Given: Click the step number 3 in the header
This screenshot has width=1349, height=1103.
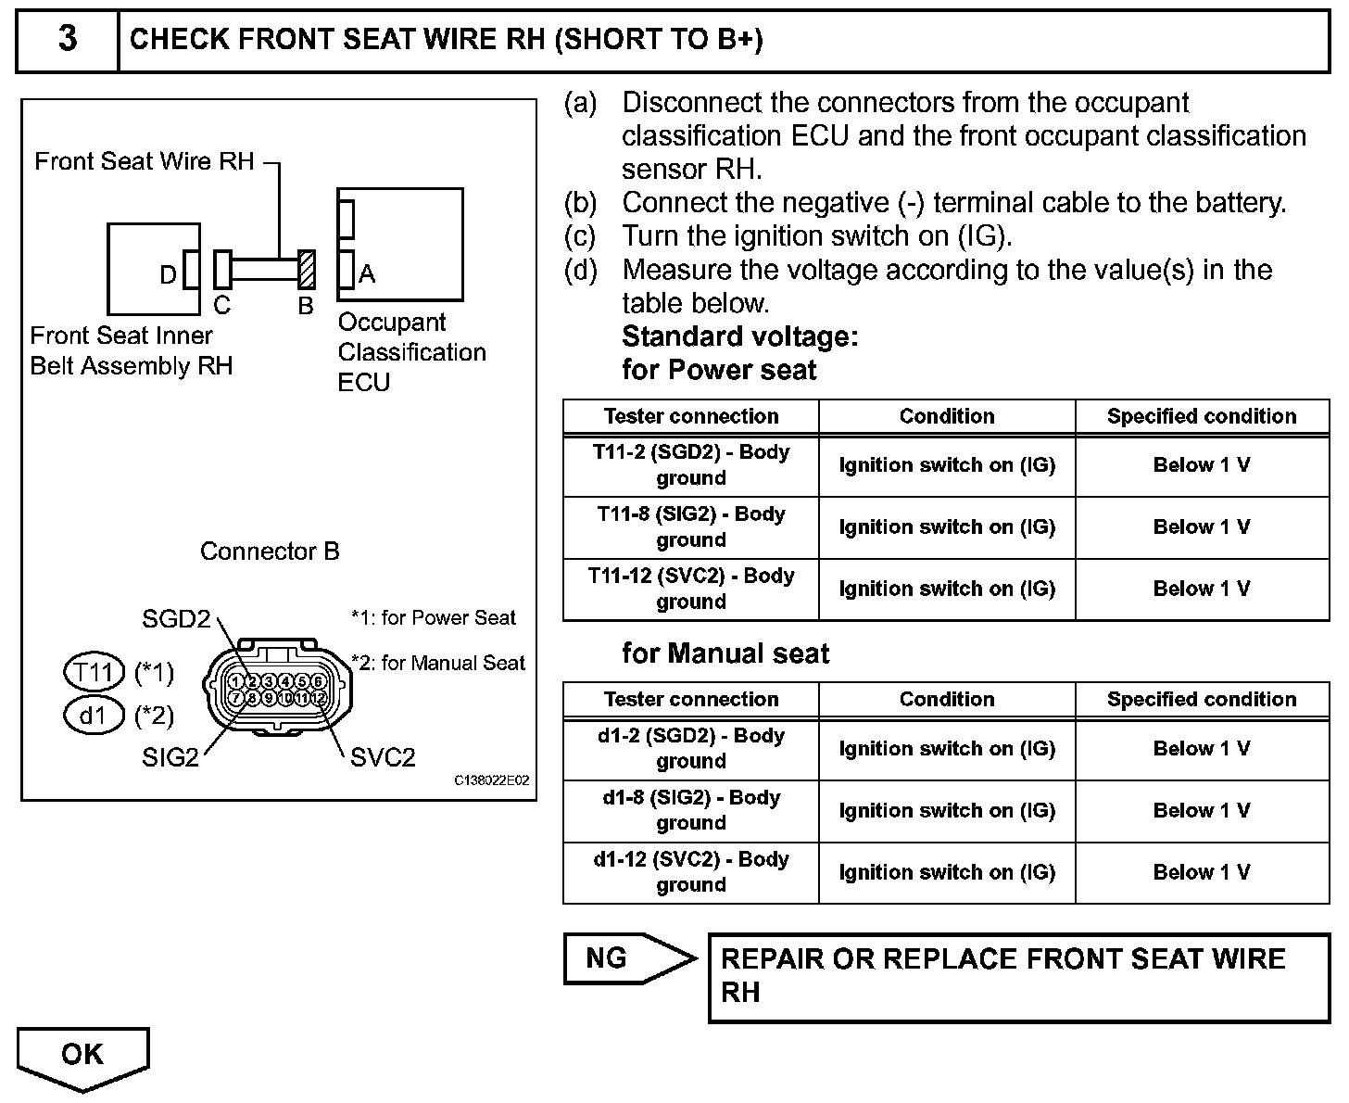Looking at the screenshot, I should pyautogui.click(x=68, y=40).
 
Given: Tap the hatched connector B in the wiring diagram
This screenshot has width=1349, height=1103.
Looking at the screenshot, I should pyautogui.click(x=307, y=270).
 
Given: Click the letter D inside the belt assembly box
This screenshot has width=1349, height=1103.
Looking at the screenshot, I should pyautogui.click(x=168, y=274).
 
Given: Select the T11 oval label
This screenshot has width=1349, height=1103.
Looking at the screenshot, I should pyautogui.click(x=94, y=672).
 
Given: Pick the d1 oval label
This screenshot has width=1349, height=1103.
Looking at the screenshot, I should pyautogui.click(x=94, y=716).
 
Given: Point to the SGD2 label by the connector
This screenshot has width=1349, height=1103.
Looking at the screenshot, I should pyautogui.click(x=176, y=618).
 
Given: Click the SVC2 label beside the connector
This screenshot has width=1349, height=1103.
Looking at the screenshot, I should pyautogui.click(x=383, y=757).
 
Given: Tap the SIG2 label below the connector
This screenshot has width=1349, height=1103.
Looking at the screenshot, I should pyautogui.click(x=170, y=757).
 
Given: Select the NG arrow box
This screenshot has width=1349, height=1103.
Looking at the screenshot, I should pyautogui.click(x=628, y=958).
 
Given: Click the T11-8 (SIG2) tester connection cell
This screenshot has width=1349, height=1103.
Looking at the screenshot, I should pyautogui.click(x=691, y=526).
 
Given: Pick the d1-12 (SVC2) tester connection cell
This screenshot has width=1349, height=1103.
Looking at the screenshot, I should pyautogui.click(x=691, y=872).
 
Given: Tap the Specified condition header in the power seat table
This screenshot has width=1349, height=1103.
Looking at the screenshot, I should pyautogui.click(x=1202, y=416).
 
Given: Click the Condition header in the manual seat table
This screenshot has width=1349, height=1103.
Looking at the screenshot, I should pyautogui.click(x=946, y=699).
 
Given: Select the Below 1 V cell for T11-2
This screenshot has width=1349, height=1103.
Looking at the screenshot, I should pyautogui.click(x=1202, y=464).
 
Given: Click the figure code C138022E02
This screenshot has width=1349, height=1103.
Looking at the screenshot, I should pyautogui.click(x=491, y=780).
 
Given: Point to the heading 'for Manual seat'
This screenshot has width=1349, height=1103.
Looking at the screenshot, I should pyautogui.click(x=725, y=653).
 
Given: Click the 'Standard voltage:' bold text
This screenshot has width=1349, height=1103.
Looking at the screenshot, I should pyautogui.click(x=740, y=336).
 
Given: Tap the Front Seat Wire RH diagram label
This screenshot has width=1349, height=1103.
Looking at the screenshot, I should pyautogui.click(x=145, y=161).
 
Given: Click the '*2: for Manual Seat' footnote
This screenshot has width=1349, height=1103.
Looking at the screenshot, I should pyautogui.click(x=437, y=663).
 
